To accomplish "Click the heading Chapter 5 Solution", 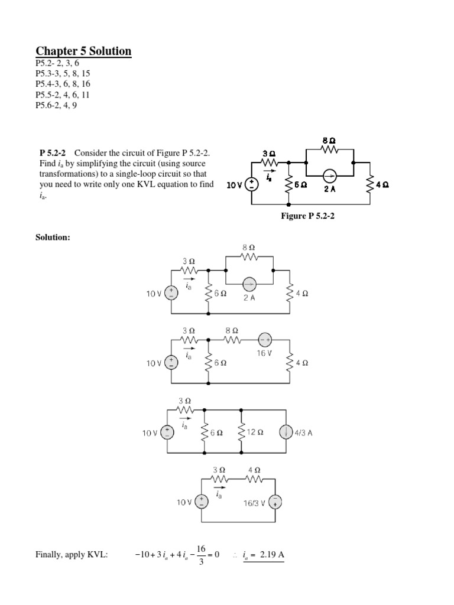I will [x=84, y=51].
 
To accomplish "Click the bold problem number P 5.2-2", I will [x=51, y=153].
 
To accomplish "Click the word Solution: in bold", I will [x=54, y=237].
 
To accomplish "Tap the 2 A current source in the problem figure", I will [x=329, y=175].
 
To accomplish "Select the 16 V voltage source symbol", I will [x=263, y=340].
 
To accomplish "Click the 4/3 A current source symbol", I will [x=286, y=432].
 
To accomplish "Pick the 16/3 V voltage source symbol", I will [x=275, y=502].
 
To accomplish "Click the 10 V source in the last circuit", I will [x=202, y=502].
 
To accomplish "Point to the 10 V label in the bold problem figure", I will [x=235, y=185].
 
